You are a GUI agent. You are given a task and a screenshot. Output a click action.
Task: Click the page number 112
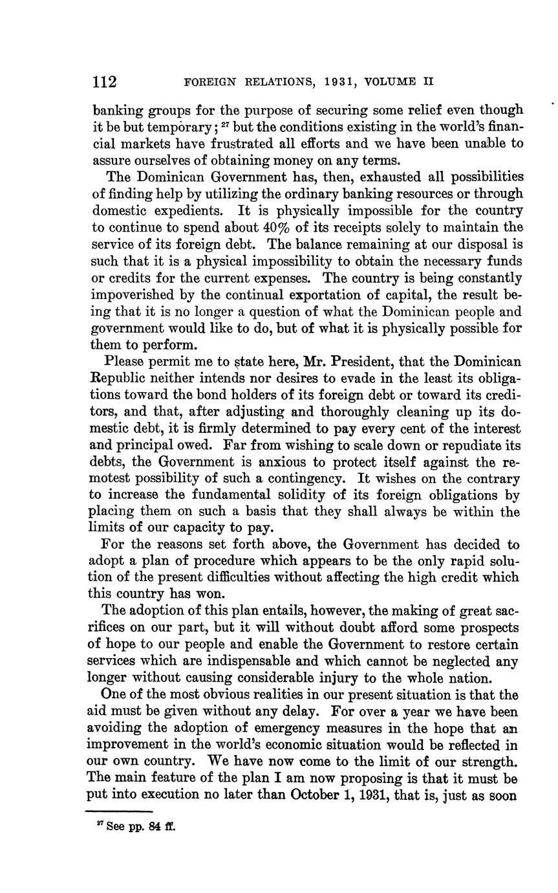pyautogui.click(x=105, y=82)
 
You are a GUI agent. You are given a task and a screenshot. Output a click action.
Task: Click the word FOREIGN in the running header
pyautogui.click(x=208, y=83)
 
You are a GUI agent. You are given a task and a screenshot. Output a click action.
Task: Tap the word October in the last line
pyautogui.click(x=316, y=795)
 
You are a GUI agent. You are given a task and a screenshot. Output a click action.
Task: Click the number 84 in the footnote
pyautogui.click(x=153, y=826)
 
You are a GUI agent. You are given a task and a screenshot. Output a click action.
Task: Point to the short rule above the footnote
pyautogui.click(x=119, y=811)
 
